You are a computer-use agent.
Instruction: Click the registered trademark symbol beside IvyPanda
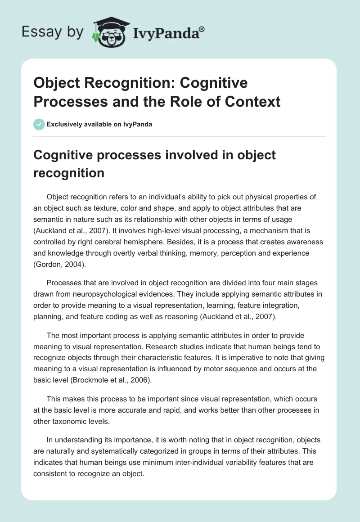[x=202, y=29]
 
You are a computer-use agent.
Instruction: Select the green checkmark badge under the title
[x=39, y=124]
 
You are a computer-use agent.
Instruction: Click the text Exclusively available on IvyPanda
[x=100, y=124]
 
